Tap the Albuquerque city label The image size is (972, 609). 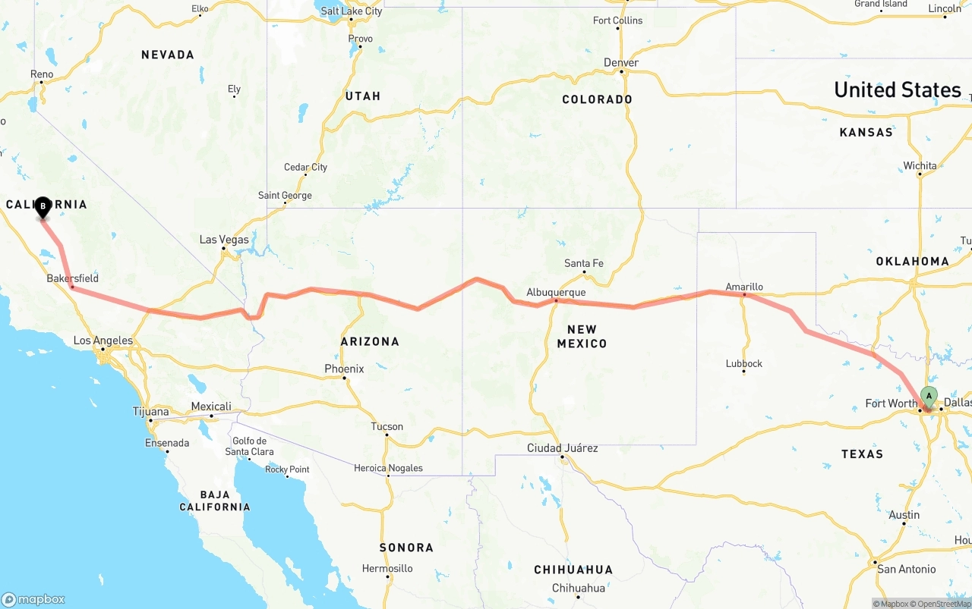[x=557, y=292]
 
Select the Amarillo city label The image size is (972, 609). [x=744, y=287]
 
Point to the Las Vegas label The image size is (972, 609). [x=224, y=240]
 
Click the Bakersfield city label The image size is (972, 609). [x=73, y=278]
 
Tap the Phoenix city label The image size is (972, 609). [x=344, y=369]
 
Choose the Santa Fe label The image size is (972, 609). [x=583, y=263]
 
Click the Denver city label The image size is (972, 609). [x=621, y=62]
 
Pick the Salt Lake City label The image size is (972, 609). [x=352, y=11]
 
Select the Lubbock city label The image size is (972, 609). [x=744, y=363]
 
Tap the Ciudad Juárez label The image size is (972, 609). [x=563, y=448]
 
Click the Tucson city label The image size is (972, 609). [x=387, y=426]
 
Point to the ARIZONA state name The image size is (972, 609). [x=370, y=342]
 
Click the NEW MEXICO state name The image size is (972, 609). [x=582, y=336]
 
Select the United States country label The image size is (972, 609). [x=898, y=89]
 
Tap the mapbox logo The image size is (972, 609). [x=33, y=599]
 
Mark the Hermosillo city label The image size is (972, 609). [x=387, y=568]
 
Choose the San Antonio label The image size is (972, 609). [x=906, y=569]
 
